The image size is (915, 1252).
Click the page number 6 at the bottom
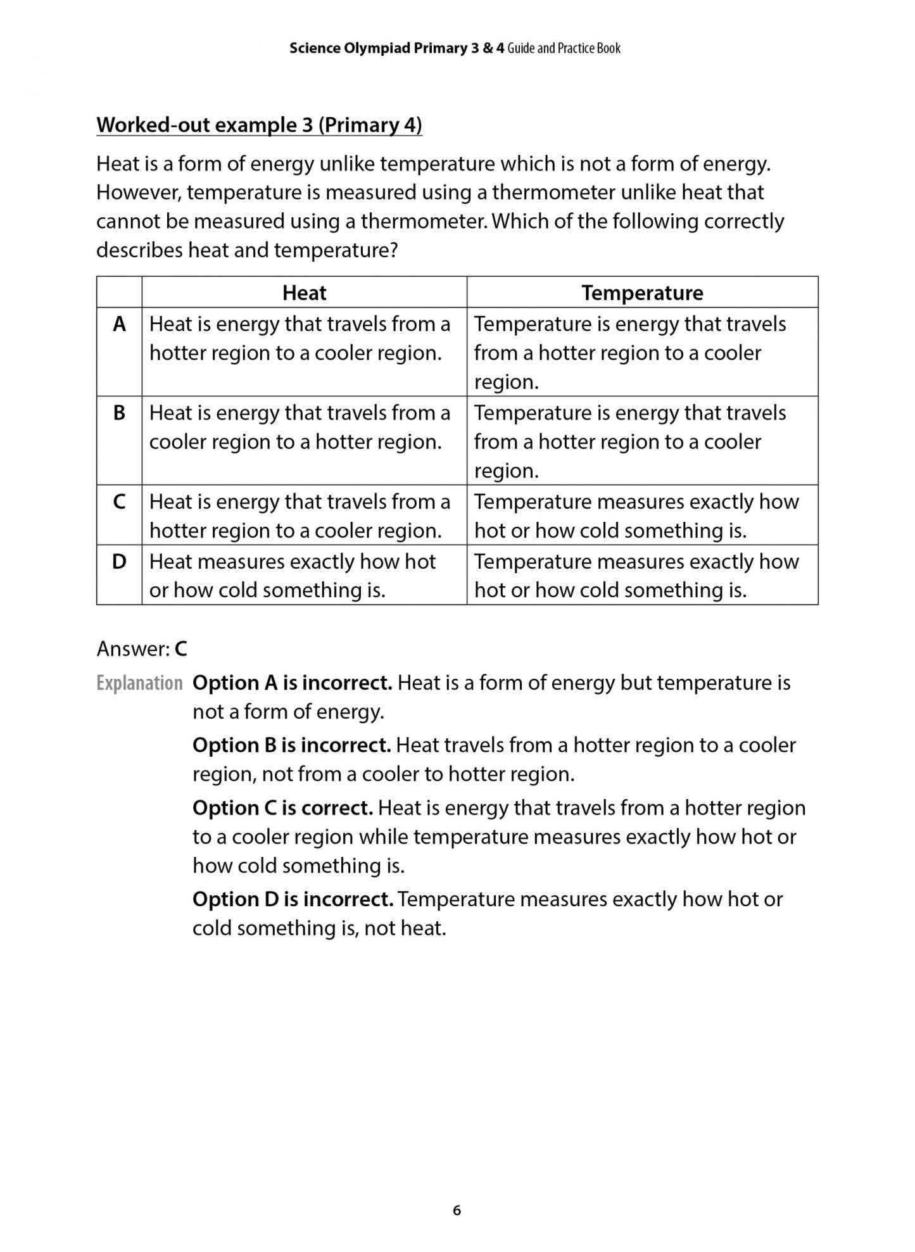coord(457,1210)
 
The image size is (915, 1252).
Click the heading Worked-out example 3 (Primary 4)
coord(259,125)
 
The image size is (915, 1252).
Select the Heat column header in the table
coord(304,293)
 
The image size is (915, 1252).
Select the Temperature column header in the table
coord(642,293)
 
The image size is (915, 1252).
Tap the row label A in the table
coord(119,324)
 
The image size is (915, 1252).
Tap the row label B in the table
coord(119,413)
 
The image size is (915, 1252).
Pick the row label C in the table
coord(119,502)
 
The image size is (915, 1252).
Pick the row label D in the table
coord(119,561)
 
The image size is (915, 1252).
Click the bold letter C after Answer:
coord(181,649)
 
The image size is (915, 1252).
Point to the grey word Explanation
coord(139,683)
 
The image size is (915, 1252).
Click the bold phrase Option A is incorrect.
coord(292,683)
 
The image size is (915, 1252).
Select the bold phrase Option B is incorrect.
coord(291,745)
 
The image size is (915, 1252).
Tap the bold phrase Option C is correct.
coord(282,808)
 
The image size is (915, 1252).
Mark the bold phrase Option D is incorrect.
coord(293,899)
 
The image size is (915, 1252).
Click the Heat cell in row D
coord(292,576)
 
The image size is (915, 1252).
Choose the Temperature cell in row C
coord(636,515)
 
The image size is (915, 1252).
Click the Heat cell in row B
coord(300,427)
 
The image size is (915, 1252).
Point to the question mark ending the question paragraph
coord(393,251)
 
